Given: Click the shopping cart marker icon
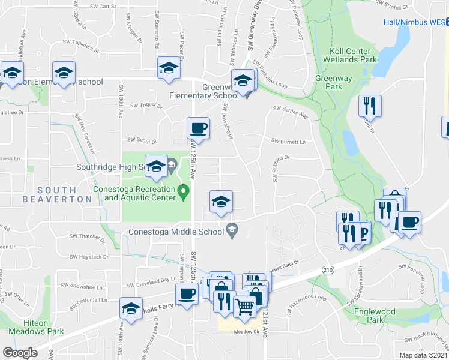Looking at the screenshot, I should click(244, 307).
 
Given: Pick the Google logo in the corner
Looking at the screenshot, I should click(20, 352).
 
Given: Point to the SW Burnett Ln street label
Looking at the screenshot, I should click(289, 142).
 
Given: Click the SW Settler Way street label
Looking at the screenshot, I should click(290, 109).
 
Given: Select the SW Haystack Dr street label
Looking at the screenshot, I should click(89, 256).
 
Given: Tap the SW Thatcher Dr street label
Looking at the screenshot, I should click(88, 236).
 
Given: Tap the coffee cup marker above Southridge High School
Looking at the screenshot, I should click(198, 128).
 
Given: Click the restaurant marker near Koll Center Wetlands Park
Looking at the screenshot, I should click(370, 106).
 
